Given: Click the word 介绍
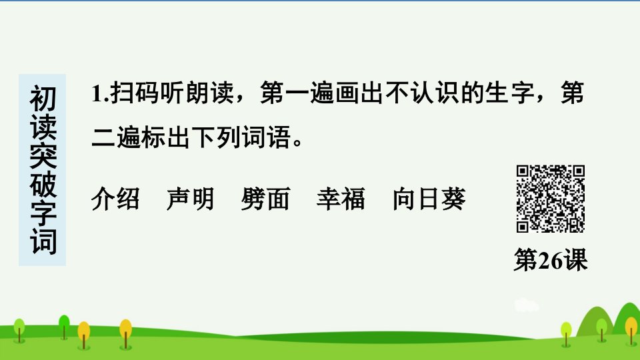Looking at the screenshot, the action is [115, 199].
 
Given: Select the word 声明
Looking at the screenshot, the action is [191, 199].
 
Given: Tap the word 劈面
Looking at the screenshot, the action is [265, 199].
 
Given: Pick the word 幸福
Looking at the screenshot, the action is [341, 199].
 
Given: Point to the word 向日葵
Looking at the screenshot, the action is [429, 199].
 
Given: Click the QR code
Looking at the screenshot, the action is [551, 199].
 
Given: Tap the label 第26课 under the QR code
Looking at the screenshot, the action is [551, 260].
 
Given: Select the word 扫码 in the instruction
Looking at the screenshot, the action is [135, 93].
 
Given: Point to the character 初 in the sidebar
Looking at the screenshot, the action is [43, 99].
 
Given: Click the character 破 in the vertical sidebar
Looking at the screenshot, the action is [43, 185].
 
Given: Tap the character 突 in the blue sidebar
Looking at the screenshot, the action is [43, 156].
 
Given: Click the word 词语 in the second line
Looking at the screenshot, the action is [267, 137].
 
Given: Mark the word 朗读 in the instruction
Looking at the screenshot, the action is [210, 93].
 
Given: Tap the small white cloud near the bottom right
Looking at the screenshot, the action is [526, 306].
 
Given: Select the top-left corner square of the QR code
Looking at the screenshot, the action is [523, 171].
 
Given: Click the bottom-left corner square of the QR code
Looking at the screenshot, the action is [523, 226].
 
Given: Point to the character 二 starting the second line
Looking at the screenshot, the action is [103, 137].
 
